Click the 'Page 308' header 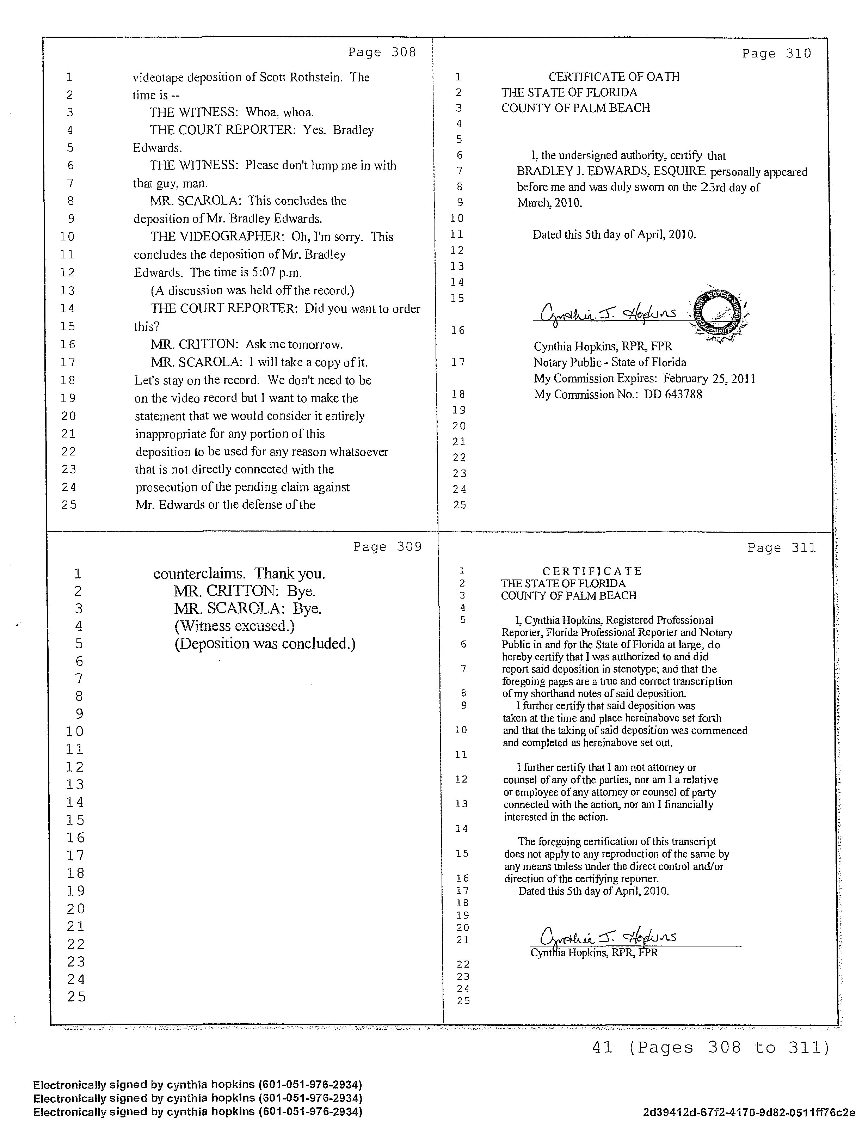click(382, 52)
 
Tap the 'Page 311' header click(782, 548)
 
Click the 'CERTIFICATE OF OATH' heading click(614, 77)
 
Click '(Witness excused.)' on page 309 click(234, 626)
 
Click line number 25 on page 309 click(76, 997)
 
